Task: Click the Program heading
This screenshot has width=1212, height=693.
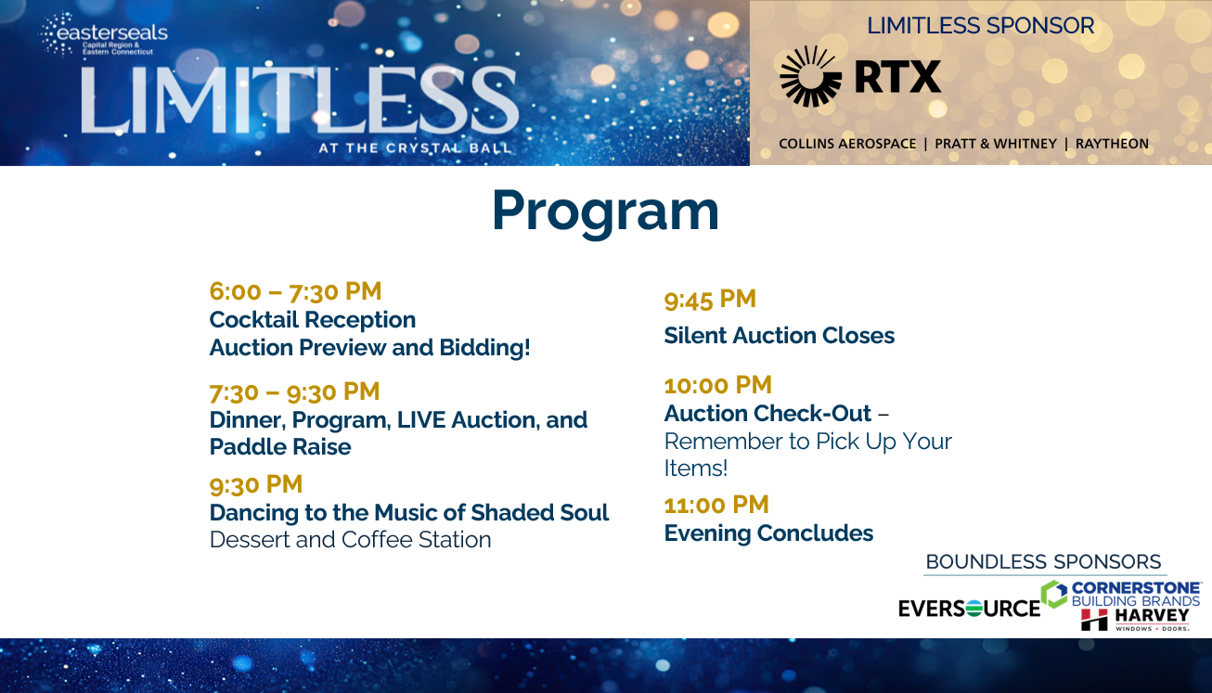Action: pos(605,211)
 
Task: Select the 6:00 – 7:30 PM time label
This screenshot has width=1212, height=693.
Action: pos(295,291)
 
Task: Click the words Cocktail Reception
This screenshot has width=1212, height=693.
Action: pos(312,320)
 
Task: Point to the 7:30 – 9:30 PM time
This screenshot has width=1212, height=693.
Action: pos(294,391)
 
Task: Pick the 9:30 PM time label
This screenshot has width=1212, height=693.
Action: pos(256,484)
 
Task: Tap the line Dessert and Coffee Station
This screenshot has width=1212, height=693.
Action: pos(350,540)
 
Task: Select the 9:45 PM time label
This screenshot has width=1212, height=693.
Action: pos(710,300)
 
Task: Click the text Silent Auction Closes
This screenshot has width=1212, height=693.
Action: pos(779,336)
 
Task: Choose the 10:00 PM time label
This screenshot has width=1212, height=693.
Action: pos(717,385)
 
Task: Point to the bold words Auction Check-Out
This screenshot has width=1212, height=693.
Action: pos(767,414)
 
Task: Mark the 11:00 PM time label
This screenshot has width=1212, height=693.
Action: pos(716,505)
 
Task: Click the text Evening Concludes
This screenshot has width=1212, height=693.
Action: pos(768,533)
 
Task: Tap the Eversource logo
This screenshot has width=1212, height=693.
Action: pos(969,609)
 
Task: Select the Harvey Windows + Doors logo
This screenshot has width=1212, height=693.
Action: pos(1136,619)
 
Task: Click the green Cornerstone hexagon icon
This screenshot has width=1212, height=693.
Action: pos(1053,594)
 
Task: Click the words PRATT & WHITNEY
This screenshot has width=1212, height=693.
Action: pos(996,144)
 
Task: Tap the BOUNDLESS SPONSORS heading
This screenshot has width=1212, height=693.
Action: pos(1043,562)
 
